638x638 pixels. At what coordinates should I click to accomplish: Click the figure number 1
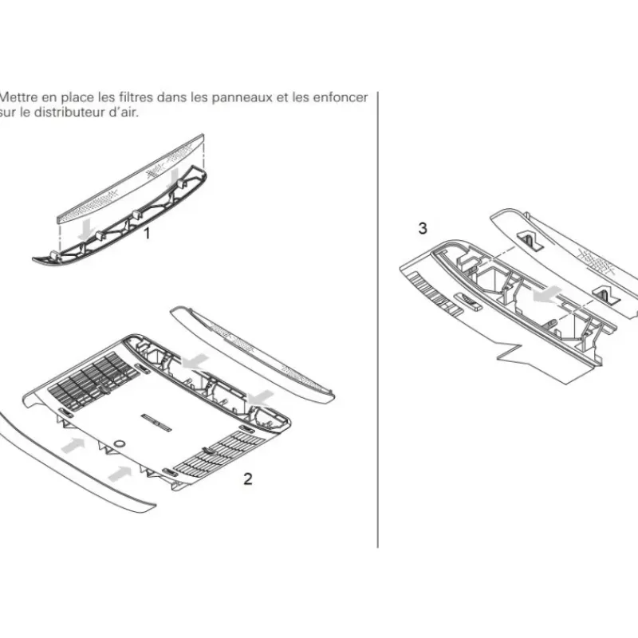point(148,234)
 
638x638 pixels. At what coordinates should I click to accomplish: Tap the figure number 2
point(248,478)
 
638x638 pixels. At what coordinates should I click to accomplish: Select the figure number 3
point(423,228)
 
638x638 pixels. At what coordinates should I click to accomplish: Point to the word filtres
point(136,97)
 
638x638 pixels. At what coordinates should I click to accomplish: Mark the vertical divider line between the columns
point(378,320)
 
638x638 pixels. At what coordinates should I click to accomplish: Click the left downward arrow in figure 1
point(86,230)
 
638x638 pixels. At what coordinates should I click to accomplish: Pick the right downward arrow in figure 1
point(175,179)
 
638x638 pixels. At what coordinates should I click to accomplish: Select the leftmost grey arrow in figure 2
point(73,445)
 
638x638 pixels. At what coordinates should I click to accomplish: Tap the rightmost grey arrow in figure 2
point(261,397)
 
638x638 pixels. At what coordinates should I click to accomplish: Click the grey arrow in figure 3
point(547,294)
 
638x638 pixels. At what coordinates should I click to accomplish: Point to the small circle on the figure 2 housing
point(119,443)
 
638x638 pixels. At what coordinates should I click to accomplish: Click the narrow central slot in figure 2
point(156,423)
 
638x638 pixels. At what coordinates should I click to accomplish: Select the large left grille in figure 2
point(94,381)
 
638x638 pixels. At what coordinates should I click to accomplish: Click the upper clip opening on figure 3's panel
point(530,241)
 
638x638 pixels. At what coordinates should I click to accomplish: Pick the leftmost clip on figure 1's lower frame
point(54,256)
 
